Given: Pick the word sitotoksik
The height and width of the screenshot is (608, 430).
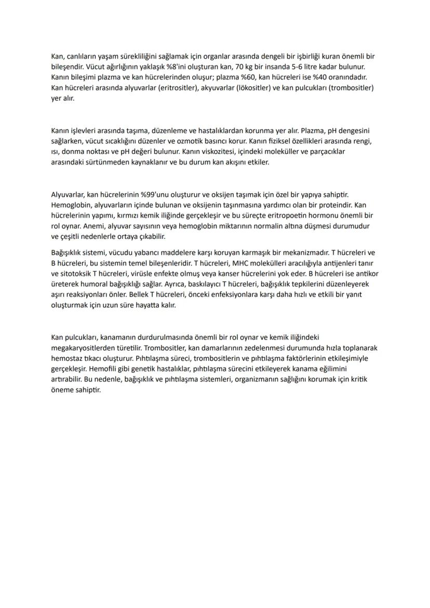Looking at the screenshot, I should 76,273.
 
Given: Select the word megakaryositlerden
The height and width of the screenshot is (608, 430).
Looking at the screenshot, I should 85,347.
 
